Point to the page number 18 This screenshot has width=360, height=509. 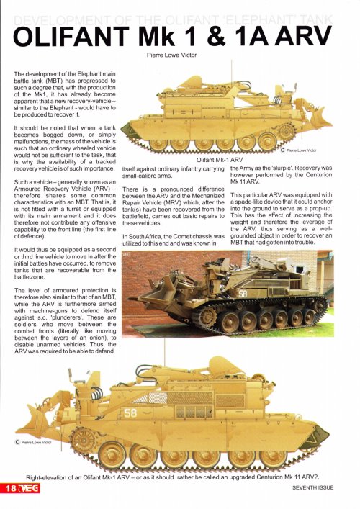[11, 487]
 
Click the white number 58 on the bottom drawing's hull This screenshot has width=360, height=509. [130, 413]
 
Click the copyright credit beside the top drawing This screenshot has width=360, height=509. [302, 150]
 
